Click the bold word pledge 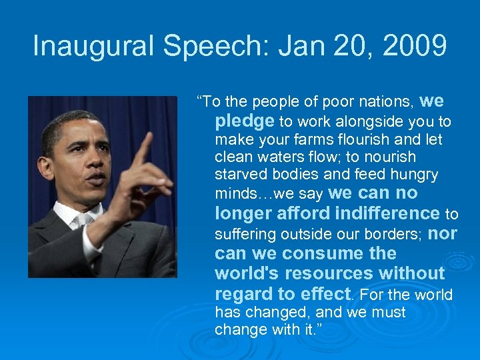[x=245, y=121]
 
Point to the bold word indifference [x=387, y=213]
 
